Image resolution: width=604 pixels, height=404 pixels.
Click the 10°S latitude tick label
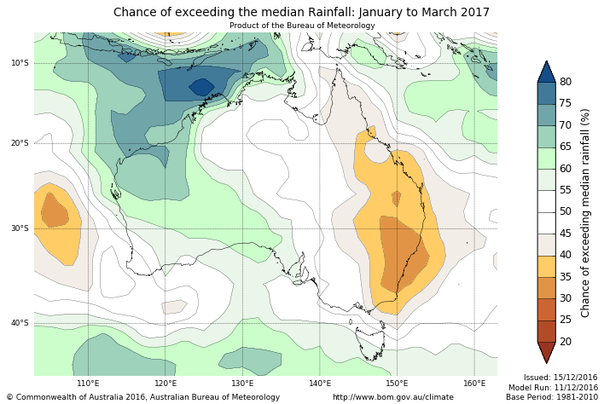20,63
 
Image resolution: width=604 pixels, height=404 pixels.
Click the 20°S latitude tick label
20,143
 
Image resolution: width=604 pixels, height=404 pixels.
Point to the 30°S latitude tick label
20,228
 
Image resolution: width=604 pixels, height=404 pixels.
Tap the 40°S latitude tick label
20,323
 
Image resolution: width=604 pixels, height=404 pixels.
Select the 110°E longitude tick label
88,383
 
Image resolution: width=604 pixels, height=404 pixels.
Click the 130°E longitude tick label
243,383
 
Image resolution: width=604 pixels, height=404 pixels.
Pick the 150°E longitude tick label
398,383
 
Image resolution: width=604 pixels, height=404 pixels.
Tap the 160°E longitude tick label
475,383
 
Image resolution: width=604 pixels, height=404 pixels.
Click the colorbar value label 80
565,82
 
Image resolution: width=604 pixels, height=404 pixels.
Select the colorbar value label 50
565,211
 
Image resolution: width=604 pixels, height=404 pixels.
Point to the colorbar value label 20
565,342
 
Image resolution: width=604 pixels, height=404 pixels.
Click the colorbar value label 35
565,277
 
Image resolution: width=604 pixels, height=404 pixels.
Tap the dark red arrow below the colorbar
546,352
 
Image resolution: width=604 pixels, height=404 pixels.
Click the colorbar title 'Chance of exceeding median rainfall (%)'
585,212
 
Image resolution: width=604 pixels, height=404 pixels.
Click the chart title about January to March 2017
301,12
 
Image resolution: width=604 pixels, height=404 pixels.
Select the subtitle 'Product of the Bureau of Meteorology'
302,26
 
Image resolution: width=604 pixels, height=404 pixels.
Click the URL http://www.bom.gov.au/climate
393,397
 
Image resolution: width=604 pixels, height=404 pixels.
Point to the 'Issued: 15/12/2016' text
560,377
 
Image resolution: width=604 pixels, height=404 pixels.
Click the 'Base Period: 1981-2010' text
552,397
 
